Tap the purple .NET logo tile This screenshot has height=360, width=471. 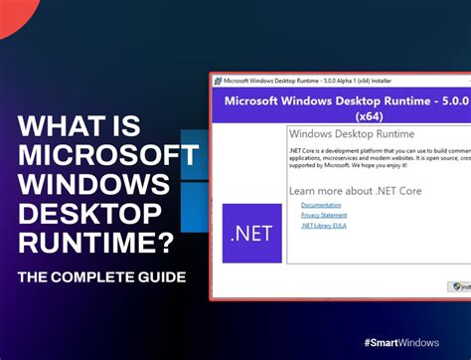tap(251, 234)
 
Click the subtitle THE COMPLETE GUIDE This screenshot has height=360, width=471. tap(103, 274)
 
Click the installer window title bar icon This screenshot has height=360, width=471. tap(217, 81)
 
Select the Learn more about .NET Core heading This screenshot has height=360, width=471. tap(358, 189)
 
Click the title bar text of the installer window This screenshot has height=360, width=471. tap(318, 81)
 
